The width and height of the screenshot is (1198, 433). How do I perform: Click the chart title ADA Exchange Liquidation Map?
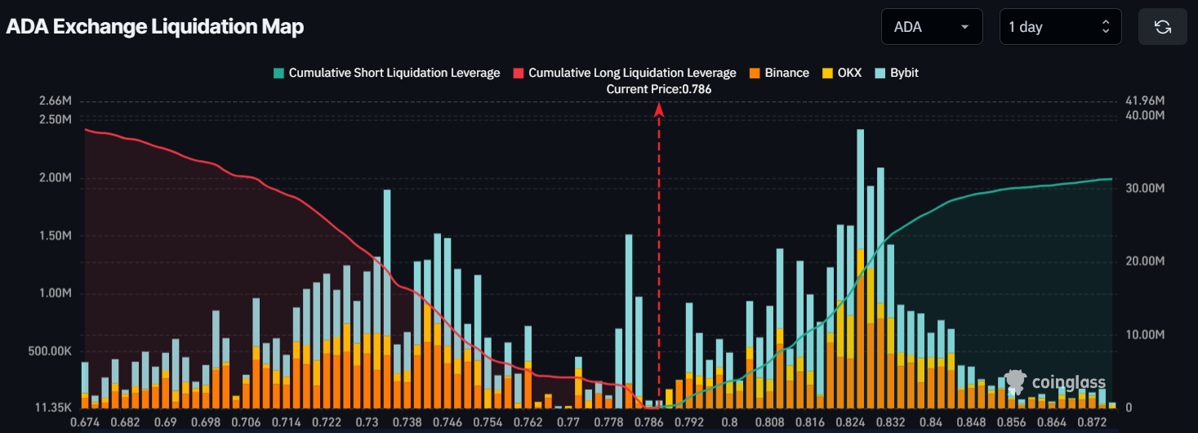pos(155,26)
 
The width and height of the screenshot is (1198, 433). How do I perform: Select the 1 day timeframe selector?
pos(1059,27)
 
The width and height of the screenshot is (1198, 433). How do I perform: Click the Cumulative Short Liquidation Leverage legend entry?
pos(386,73)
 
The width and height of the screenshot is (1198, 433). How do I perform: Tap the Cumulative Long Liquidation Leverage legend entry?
pos(625,73)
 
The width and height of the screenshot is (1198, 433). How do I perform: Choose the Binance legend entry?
pos(779,73)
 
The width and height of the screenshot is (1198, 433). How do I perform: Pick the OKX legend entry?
pos(839,73)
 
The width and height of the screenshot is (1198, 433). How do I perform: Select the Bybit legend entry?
pos(897,73)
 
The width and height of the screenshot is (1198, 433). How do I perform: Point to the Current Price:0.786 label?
pos(658,89)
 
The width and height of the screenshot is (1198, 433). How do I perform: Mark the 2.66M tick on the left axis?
pos(55,101)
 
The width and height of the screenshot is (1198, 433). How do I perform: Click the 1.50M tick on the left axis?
pos(55,236)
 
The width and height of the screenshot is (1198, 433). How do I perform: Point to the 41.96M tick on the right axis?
pos(1145,101)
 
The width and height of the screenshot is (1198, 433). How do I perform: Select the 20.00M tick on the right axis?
pos(1145,261)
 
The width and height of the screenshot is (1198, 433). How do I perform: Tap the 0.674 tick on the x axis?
pos(85,422)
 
